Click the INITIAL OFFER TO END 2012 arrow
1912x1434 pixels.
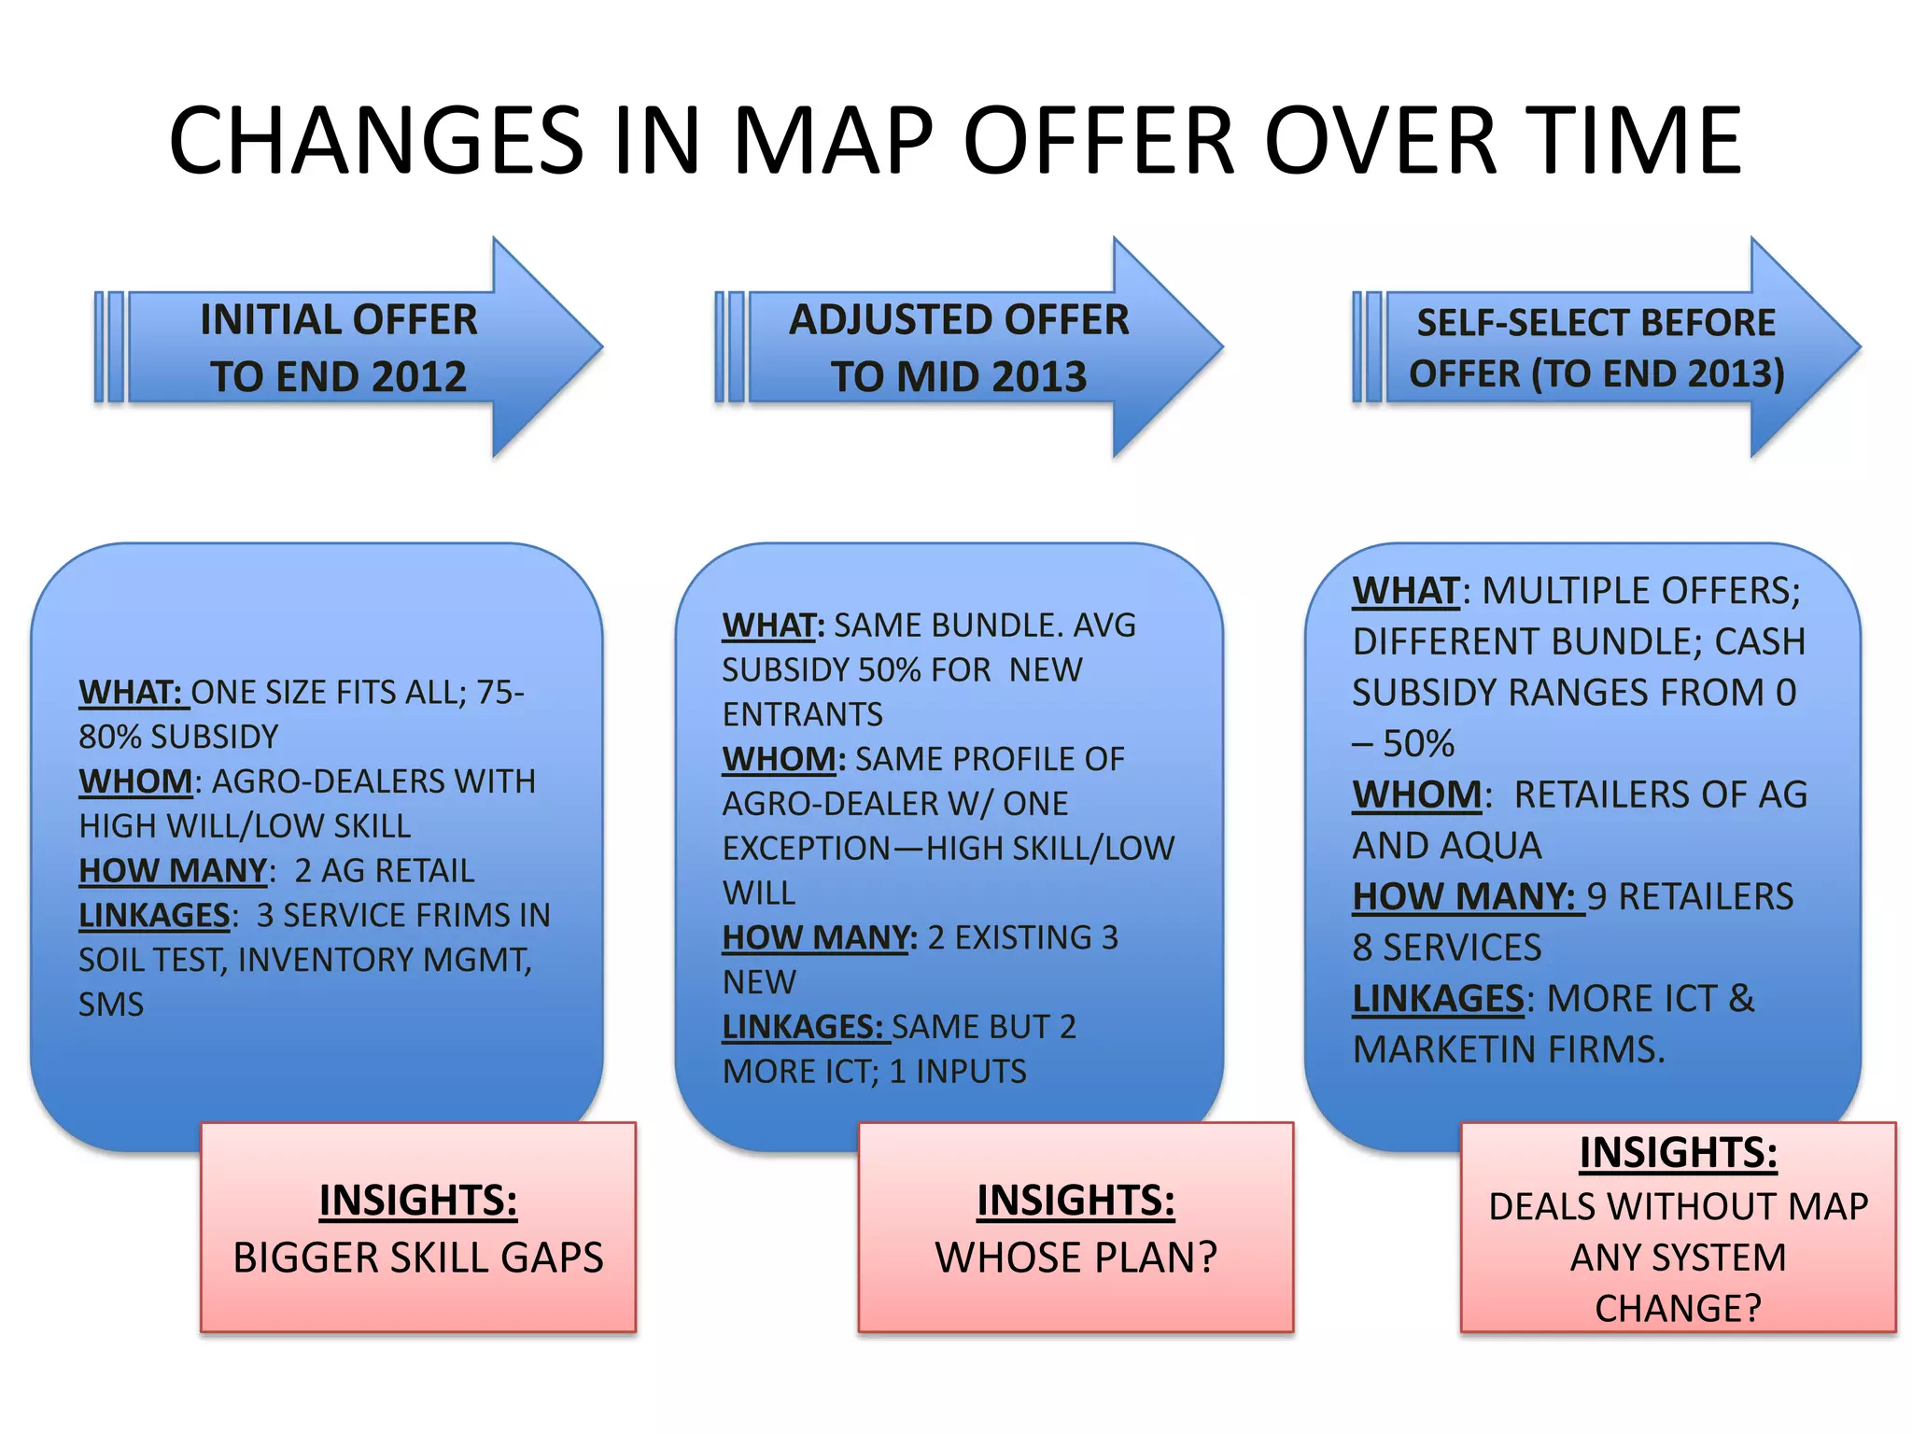pyautogui.click(x=345, y=347)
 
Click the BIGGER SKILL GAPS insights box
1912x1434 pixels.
pyautogui.click(x=418, y=1228)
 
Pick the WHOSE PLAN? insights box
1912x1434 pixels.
pyautogui.click(x=1075, y=1228)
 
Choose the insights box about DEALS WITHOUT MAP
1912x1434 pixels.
pyautogui.click(x=1678, y=1228)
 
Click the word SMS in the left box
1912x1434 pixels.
pyautogui.click(x=111, y=1005)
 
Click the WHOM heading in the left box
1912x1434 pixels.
pyautogui.click(x=135, y=781)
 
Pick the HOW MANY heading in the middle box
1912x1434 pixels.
pyautogui.click(x=819, y=937)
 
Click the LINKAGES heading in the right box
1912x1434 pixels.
pyautogui.click(x=1438, y=999)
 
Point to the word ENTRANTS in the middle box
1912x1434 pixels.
pyautogui.click(x=802, y=714)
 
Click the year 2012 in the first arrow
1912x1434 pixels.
pyautogui.click(x=417, y=377)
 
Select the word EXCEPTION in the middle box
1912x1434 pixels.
pyautogui.click(x=807, y=849)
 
